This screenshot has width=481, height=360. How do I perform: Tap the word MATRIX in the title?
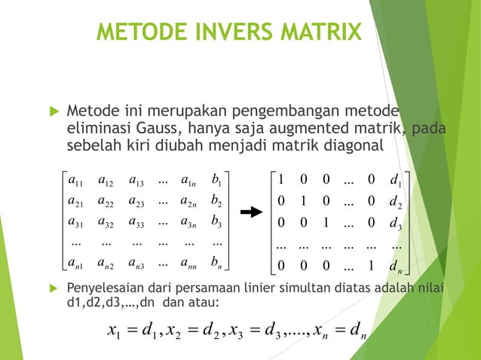click(320, 33)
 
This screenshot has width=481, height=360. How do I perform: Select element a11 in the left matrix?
click(75, 180)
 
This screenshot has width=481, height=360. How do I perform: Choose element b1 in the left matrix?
click(218, 180)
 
